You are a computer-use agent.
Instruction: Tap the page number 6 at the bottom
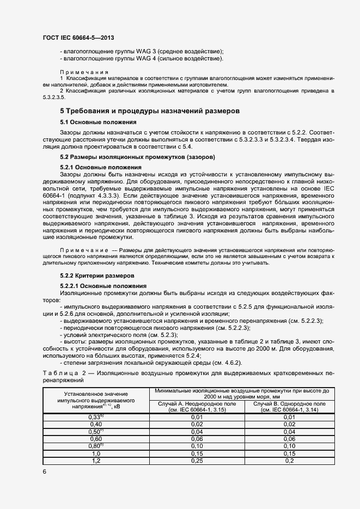pyautogui.click(x=44, y=471)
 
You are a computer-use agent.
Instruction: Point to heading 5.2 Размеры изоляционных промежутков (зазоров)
pyautogui.click(x=137, y=157)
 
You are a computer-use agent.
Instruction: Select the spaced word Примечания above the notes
pyautogui.click(x=84, y=72)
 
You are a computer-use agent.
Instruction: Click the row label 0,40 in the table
pyautogui.click(x=96, y=424)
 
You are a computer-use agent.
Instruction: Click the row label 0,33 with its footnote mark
pyautogui.click(x=96, y=416)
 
